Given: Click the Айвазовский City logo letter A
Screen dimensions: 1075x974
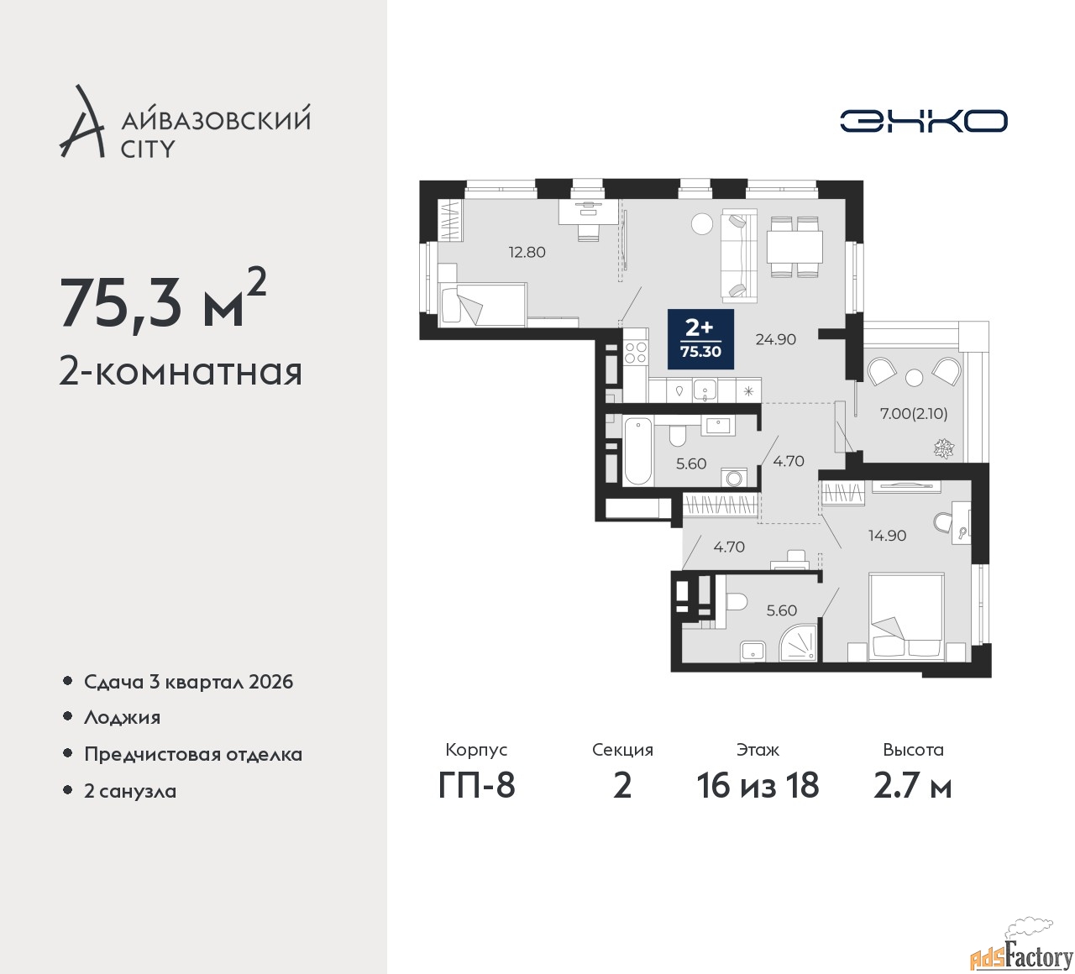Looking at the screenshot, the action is coord(82,122).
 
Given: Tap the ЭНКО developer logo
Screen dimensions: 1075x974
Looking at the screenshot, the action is coord(924,121).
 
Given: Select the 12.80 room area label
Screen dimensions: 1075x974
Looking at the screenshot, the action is coord(527,252).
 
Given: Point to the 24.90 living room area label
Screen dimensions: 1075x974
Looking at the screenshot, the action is coord(775,339).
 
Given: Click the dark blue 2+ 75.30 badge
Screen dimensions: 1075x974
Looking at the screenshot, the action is coord(700,339).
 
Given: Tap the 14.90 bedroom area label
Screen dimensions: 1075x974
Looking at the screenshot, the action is coord(887,535).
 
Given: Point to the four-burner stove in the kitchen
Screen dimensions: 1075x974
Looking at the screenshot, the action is coord(636,354).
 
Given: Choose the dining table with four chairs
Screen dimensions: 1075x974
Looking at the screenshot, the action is coord(794,247).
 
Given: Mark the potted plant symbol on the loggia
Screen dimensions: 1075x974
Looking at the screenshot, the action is coord(942,448).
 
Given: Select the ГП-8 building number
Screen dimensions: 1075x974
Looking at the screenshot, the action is coord(476,786).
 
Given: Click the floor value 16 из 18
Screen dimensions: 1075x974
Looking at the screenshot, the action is coord(758,786).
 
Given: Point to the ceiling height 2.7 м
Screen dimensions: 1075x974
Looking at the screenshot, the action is coord(913,786).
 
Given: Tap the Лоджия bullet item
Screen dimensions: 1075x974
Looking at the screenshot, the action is coord(122,718).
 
